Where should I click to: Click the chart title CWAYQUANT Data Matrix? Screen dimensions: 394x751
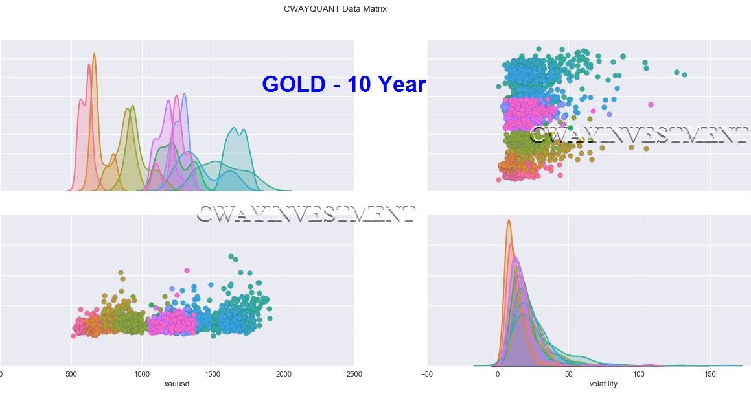335,9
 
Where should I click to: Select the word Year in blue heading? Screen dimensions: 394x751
402,84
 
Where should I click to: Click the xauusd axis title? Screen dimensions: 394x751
177,384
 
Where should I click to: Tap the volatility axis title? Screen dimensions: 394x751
603,384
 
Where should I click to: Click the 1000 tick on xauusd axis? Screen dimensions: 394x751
141,374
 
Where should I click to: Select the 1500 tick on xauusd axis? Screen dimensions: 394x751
213,374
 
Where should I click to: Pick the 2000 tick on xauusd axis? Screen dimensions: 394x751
283,374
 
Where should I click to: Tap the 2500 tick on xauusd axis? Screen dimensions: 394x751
354,374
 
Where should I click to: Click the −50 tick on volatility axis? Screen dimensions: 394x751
427,374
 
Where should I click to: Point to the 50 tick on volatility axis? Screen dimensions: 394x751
568,374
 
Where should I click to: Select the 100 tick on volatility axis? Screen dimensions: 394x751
640,374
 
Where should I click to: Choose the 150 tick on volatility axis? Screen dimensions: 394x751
710,374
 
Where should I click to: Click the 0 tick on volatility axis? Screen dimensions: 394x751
498,374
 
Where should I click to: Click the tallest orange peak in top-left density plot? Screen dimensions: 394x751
94,54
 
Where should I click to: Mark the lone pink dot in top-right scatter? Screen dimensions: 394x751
651,104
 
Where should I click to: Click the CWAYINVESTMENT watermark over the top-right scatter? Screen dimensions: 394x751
638,135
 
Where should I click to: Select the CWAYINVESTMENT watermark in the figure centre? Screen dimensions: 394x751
305,214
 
